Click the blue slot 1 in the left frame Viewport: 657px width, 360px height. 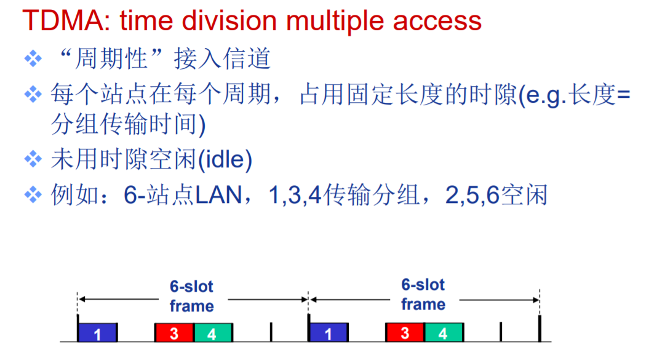coord(97,333)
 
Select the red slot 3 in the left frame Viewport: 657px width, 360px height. coord(174,333)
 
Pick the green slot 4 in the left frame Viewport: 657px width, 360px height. coord(213,333)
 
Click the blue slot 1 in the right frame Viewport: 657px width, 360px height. coord(328,332)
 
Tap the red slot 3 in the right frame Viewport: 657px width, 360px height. coord(405,332)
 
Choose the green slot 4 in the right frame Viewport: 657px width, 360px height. coord(444,332)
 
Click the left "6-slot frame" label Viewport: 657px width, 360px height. coord(192,297)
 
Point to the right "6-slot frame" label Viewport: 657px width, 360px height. coord(423,295)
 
